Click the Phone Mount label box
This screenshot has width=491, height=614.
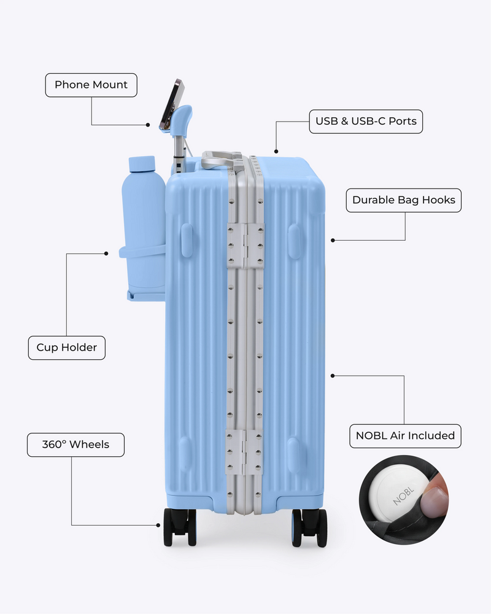(91, 85)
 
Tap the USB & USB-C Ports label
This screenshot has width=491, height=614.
(366, 122)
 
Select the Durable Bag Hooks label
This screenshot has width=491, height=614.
(404, 200)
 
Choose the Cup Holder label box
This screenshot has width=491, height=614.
(66, 348)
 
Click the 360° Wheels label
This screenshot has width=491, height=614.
(75, 445)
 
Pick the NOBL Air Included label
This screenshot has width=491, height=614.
(405, 436)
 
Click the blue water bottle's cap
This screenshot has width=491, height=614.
(142, 164)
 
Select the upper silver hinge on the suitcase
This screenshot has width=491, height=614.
(245, 246)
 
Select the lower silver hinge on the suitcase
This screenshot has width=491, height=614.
(244, 452)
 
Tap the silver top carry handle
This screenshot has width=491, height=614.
(221, 159)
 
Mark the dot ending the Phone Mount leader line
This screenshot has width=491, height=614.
(148, 125)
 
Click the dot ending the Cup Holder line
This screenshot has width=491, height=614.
(106, 254)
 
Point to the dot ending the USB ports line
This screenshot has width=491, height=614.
(276, 152)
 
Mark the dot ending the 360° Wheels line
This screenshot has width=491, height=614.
(158, 526)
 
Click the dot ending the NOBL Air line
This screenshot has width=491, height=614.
(333, 376)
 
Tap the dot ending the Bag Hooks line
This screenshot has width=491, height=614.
(333, 241)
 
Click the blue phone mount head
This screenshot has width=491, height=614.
(182, 120)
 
